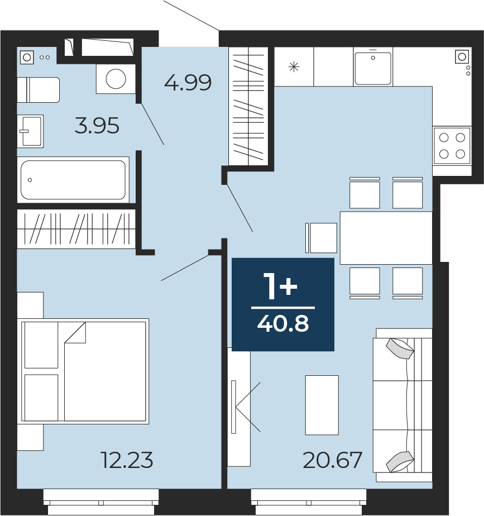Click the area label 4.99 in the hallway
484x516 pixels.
188,82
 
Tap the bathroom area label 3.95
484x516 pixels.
97,126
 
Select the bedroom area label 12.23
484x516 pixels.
127,460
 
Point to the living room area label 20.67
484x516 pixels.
332,460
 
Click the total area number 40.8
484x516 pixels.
283,324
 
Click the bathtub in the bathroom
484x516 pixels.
73,180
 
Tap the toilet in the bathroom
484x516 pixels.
39,90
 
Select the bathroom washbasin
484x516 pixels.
30,131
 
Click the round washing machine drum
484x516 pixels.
116,79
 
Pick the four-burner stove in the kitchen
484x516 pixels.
452,146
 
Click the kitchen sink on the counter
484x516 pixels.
373,66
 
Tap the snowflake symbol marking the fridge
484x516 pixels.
294,67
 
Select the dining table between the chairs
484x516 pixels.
386,238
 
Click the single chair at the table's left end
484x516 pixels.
321,238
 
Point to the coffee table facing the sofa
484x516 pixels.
322,405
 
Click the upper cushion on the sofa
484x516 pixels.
400,349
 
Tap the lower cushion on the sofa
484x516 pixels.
400,461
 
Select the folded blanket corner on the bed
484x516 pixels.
75,333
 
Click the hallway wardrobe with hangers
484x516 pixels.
248,106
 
